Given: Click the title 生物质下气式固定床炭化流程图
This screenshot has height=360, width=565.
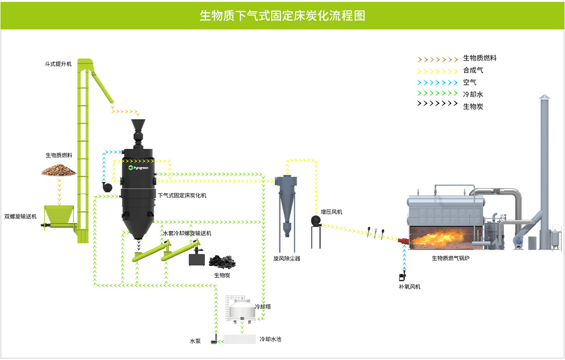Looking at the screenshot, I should pyautogui.click(x=282, y=16).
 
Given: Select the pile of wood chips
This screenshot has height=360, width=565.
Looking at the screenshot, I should pyautogui.click(x=59, y=170).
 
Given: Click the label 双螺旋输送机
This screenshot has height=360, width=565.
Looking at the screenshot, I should pyautogui.click(x=20, y=216).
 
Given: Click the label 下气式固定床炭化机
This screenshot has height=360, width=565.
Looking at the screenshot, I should pyautogui.click(x=182, y=195).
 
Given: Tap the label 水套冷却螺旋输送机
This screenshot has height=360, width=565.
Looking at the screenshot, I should pyautogui.click(x=187, y=233).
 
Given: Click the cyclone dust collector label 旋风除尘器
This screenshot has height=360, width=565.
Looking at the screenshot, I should pyautogui.click(x=287, y=258).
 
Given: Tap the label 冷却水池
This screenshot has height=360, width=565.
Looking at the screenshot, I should pyautogui.click(x=270, y=339).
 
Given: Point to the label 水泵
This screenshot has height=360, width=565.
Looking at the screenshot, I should pyautogui.click(x=195, y=341).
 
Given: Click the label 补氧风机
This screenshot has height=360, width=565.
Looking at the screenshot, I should pyautogui.click(x=409, y=286).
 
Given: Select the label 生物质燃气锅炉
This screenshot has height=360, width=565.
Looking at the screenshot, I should pyautogui.click(x=451, y=258).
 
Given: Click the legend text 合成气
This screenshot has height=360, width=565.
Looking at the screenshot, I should pyautogui.click(x=473, y=70).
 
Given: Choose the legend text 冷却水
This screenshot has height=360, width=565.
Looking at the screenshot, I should pyautogui.click(x=473, y=94).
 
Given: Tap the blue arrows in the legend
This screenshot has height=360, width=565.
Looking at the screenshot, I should pyautogui.click(x=437, y=82).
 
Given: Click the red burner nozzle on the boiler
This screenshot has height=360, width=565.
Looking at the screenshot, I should pyautogui.click(x=403, y=239).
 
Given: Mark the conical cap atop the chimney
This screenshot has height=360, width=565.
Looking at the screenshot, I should pyautogui.click(x=544, y=97).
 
